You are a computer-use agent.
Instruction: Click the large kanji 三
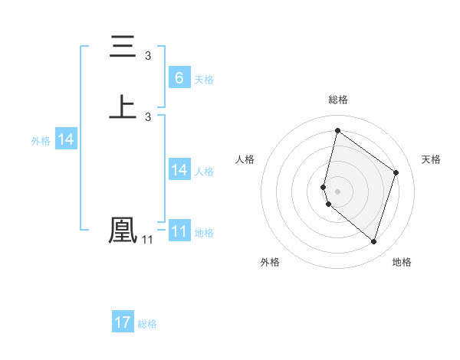123,48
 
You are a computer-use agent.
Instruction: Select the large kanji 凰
123,231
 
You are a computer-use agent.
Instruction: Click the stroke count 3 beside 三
148,56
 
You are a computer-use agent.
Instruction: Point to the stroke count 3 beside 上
148,116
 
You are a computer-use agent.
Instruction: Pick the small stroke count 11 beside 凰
147,240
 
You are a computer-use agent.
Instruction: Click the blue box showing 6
179,78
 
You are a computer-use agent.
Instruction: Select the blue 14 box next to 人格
179,170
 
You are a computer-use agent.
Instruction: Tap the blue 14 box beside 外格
66,139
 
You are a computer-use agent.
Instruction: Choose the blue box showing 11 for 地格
179,231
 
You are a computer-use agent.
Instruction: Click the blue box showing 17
123,322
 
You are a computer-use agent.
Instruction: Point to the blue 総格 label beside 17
147,324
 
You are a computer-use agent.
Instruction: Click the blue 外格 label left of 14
41,141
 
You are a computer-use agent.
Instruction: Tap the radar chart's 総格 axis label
338,100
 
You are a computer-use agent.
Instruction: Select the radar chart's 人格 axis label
245,159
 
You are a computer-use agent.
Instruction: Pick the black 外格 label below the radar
270,262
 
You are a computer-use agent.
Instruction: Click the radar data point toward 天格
396,172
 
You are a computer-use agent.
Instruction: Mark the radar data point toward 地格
373,242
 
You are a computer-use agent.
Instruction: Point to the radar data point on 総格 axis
337,130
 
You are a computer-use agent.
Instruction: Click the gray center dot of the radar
337,191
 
